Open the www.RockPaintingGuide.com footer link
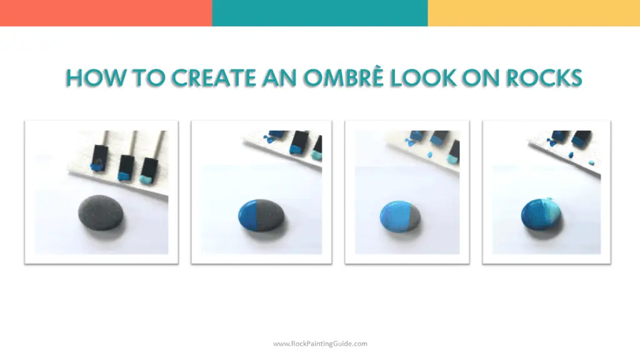point(320,343)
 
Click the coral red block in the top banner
point(106,13)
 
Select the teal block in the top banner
point(320,13)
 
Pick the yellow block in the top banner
point(534,13)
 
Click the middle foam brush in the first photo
point(126,163)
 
